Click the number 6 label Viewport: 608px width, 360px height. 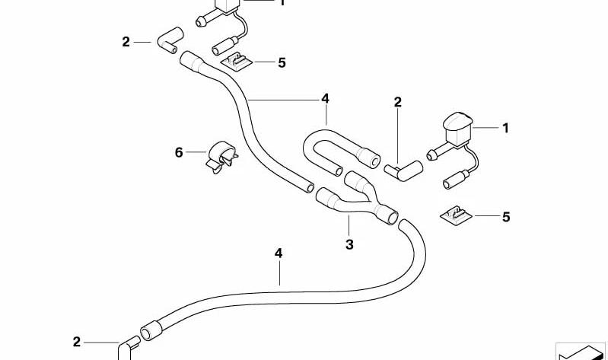click(x=178, y=152)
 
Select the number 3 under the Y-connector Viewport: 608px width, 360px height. click(x=349, y=244)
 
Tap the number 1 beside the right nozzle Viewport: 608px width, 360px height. click(x=505, y=128)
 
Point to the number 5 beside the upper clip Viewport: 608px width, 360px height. click(x=282, y=62)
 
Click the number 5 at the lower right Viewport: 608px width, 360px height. click(x=506, y=217)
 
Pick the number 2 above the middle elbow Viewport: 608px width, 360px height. click(x=397, y=102)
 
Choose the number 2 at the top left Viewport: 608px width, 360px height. click(x=126, y=42)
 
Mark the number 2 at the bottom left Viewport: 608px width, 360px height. click(x=77, y=342)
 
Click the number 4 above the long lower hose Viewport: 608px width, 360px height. click(x=279, y=253)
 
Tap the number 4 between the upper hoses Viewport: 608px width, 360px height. click(x=325, y=98)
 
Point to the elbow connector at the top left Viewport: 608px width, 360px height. click(x=170, y=40)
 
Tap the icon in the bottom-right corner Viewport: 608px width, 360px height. click(x=581, y=352)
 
